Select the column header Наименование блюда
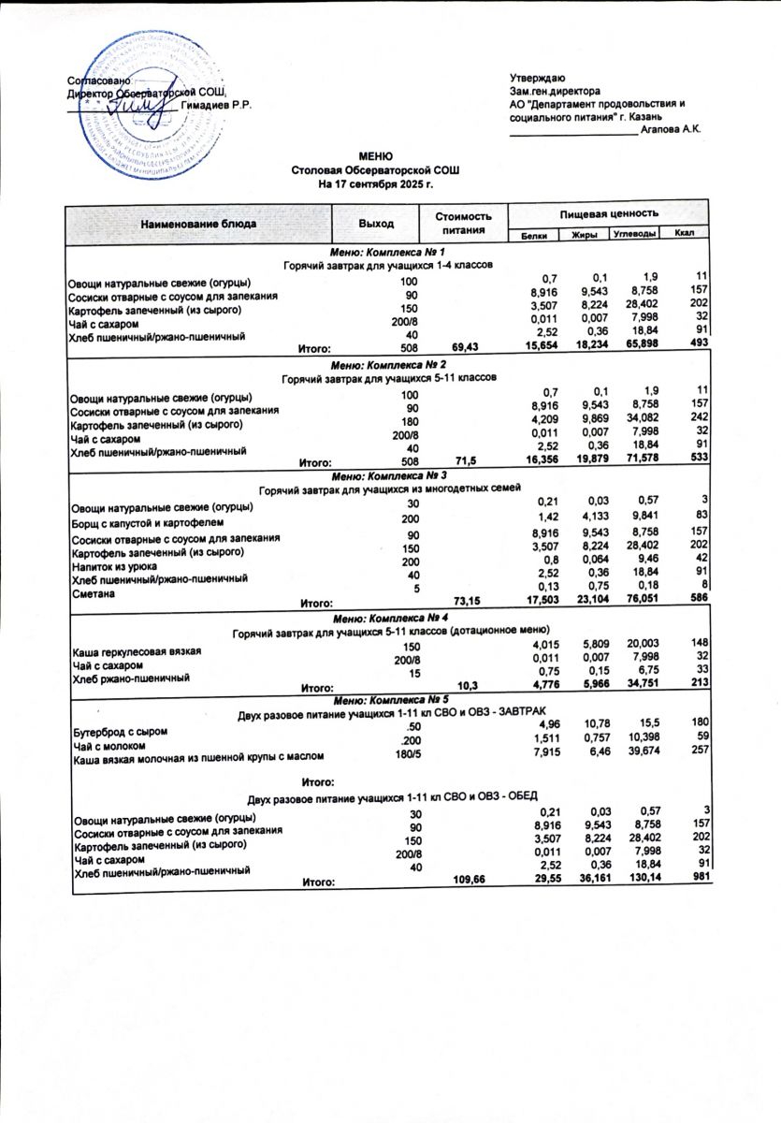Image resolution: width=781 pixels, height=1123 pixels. [198, 225]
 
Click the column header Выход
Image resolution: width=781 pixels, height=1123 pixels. [375, 224]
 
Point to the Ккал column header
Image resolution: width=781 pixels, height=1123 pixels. [683, 233]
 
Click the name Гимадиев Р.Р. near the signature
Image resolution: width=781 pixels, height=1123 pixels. [217, 104]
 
